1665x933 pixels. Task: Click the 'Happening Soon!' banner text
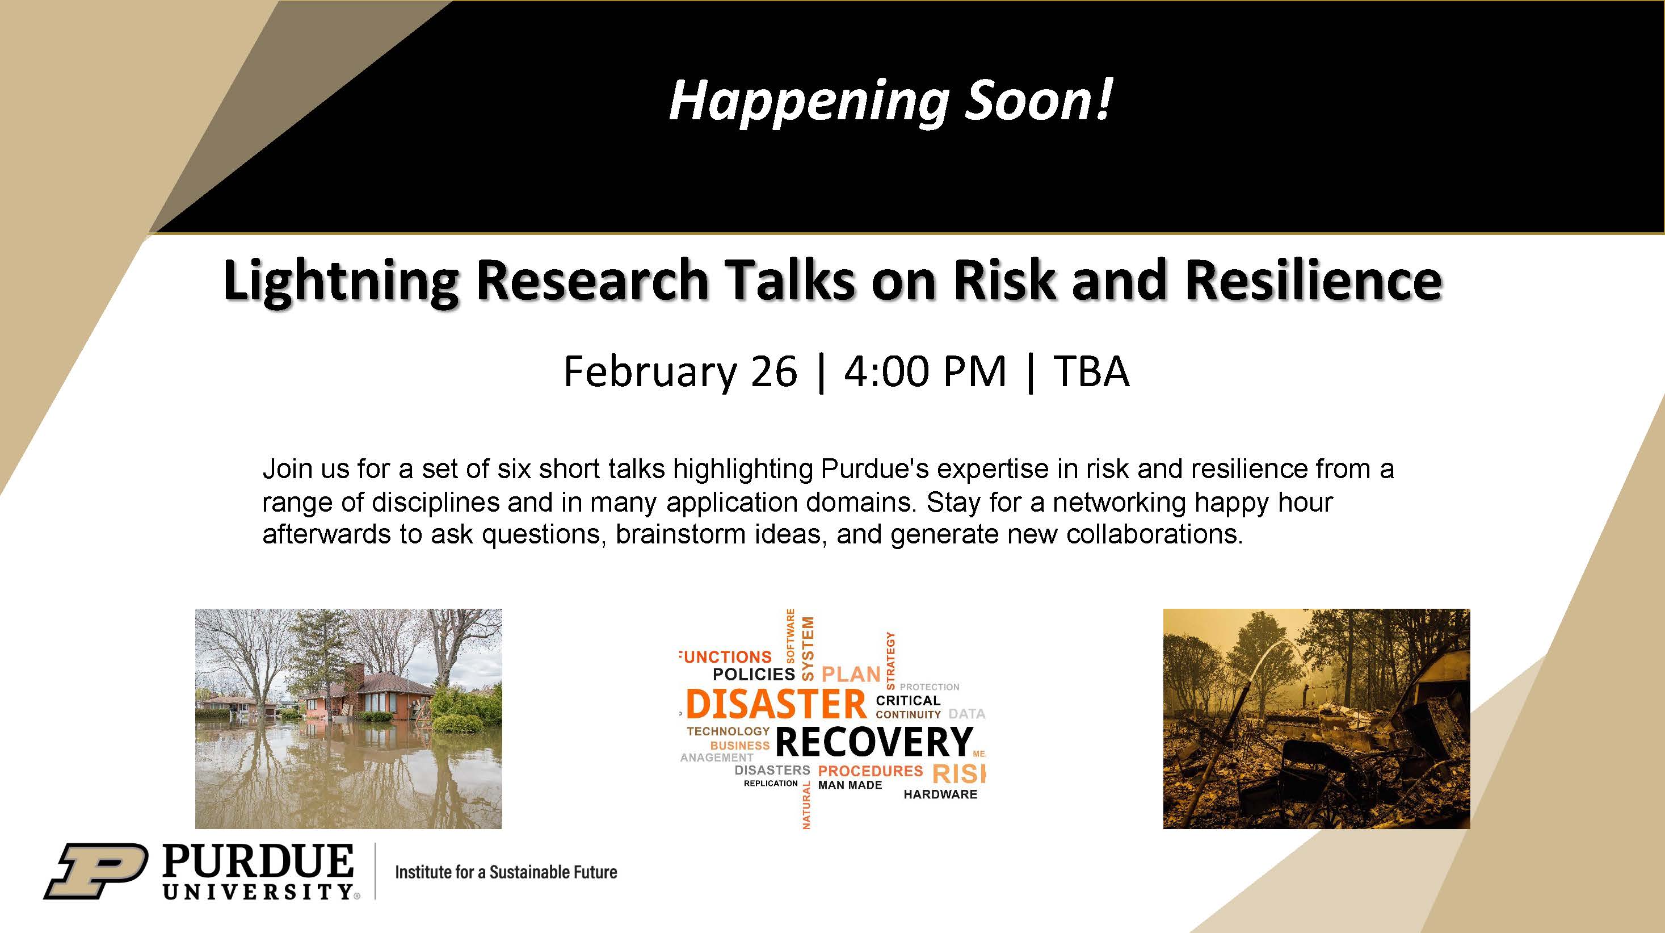(x=890, y=102)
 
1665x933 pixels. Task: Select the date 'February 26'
(x=680, y=372)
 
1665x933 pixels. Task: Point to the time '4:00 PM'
(x=925, y=372)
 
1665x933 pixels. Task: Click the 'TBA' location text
(x=1091, y=372)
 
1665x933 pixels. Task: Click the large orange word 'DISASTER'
(x=776, y=704)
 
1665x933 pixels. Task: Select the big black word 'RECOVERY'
(x=874, y=741)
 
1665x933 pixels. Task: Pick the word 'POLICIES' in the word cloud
(x=754, y=675)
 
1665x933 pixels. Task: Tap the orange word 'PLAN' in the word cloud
(x=851, y=675)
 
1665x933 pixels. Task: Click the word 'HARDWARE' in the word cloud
(x=940, y=794)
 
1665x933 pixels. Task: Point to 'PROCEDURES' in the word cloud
(x=871, y=771)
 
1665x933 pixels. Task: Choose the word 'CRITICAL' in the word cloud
(x=908, y=700)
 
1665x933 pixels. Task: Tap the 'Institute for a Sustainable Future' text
(x=506, y=872)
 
